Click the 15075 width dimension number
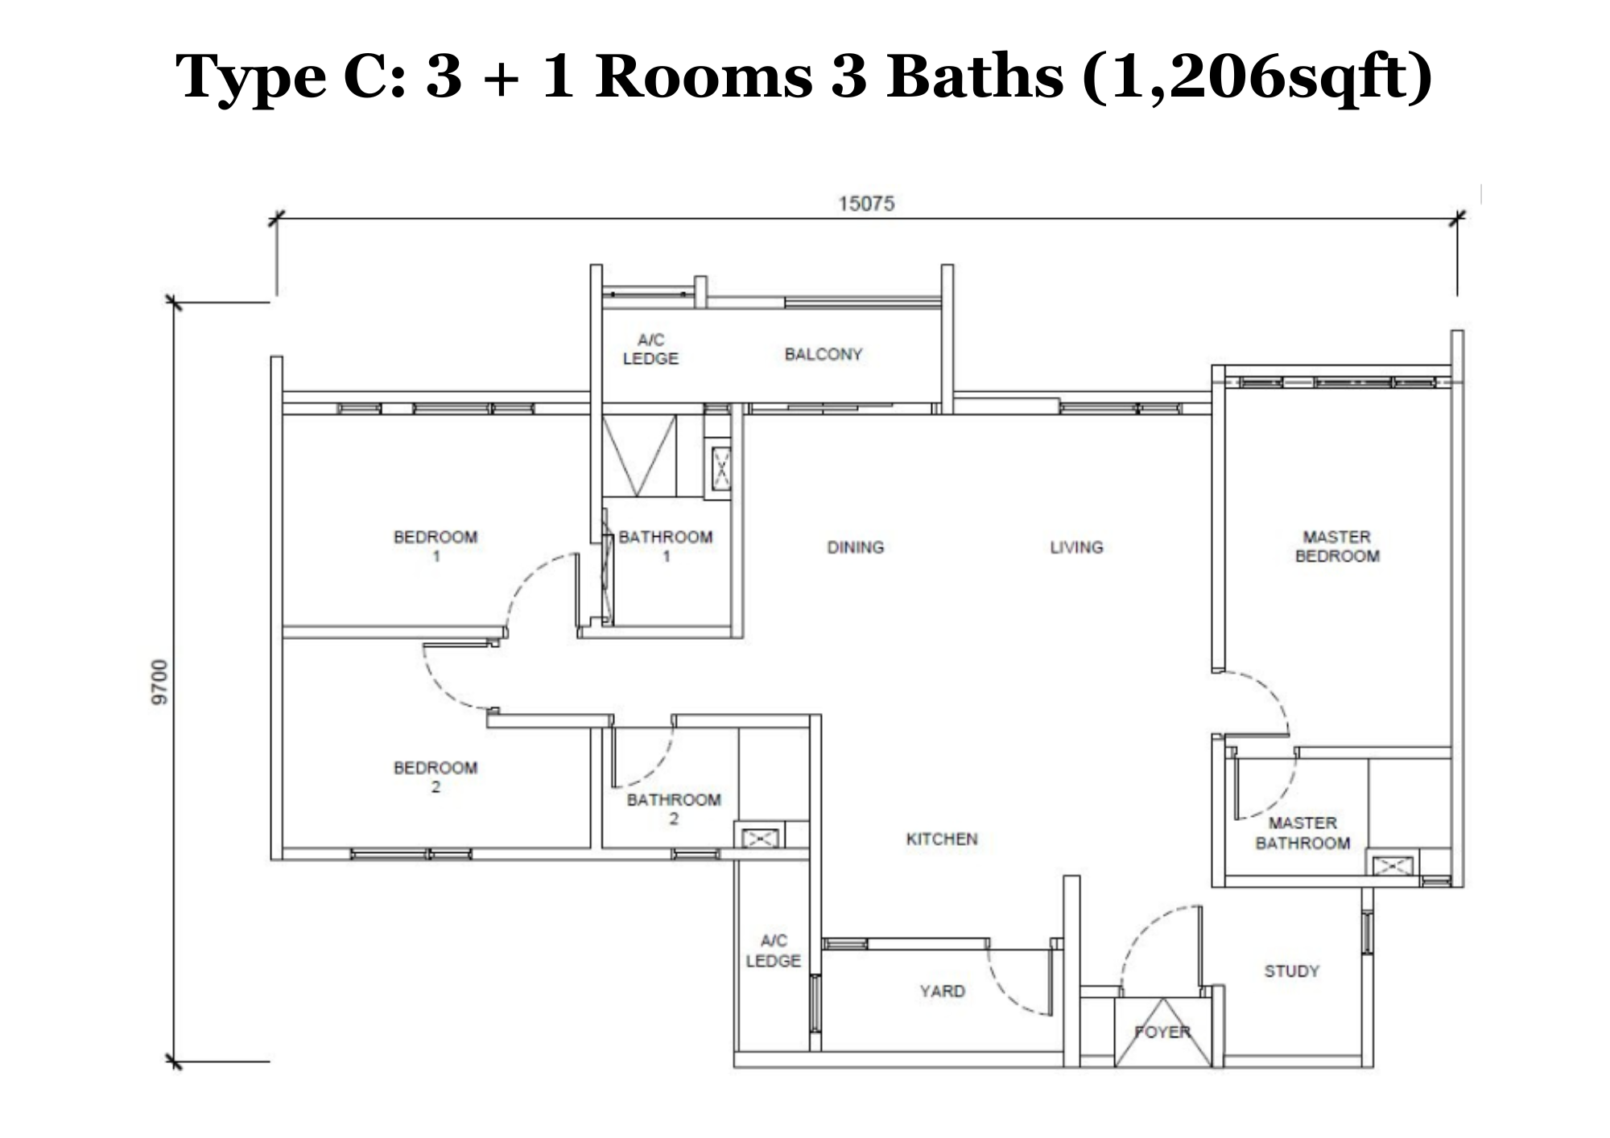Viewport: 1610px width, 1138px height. (866, 204)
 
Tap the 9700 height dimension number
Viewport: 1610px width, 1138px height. (160, 682)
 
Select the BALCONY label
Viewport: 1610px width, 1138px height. (824, 354)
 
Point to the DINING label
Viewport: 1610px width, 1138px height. (856, 547)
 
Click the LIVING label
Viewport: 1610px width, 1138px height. (1076, 547)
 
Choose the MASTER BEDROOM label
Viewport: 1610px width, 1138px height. (1337, 546)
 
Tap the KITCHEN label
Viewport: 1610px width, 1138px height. (942, 839)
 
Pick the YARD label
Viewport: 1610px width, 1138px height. (942, 991)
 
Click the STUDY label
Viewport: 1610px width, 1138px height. (1292, 971)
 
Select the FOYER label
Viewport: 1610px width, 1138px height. (1162, 1032)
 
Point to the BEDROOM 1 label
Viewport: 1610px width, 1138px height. (436, 546)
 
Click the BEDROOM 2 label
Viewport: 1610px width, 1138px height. (436, 777)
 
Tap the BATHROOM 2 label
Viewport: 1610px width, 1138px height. (674, 809)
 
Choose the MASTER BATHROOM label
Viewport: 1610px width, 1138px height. (1302, 833)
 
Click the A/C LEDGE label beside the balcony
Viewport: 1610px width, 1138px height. (650, 349)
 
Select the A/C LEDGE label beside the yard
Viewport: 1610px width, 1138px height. (773, 950)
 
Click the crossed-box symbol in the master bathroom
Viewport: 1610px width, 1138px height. (1393, 866)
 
